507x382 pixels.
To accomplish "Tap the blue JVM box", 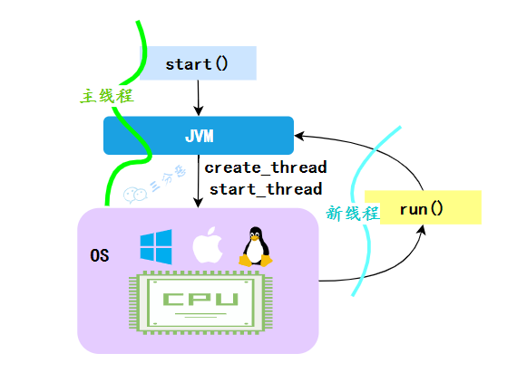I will [199, 136].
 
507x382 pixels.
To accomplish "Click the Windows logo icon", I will [156, 245].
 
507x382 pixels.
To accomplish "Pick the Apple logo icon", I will [208, 246].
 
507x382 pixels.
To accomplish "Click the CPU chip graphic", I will [200, 301].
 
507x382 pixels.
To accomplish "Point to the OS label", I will [100, 255].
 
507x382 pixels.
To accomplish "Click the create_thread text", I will [265, 167].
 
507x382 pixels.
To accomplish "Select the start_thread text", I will [265, 189].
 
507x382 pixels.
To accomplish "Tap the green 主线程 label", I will [105, 96].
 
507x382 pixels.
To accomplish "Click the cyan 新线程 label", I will [352, 214].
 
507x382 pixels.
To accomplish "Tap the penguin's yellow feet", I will [256, 262].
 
